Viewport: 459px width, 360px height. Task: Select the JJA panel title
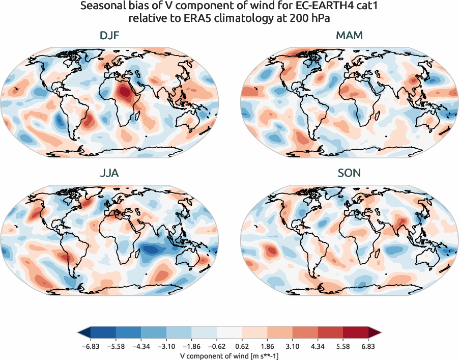pyautogui.click(x=109, y=173)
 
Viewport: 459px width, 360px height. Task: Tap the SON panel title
pyautogui.click(x=349, y=173)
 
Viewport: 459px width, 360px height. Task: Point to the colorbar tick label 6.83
pyautogui.click(x=367, y=346)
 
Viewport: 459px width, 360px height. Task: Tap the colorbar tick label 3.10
pyautogui.click(x=292, y=346)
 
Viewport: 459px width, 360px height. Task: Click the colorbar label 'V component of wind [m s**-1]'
pyautogui.click(x=229, y=356)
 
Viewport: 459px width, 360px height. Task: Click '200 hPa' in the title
pyautogui.click(x=314, y=19)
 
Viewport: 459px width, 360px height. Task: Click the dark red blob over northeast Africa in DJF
pyautogui.click(x=124, y=92)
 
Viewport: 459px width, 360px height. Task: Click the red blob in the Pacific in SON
pyautogui.click(x=271, y=250)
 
